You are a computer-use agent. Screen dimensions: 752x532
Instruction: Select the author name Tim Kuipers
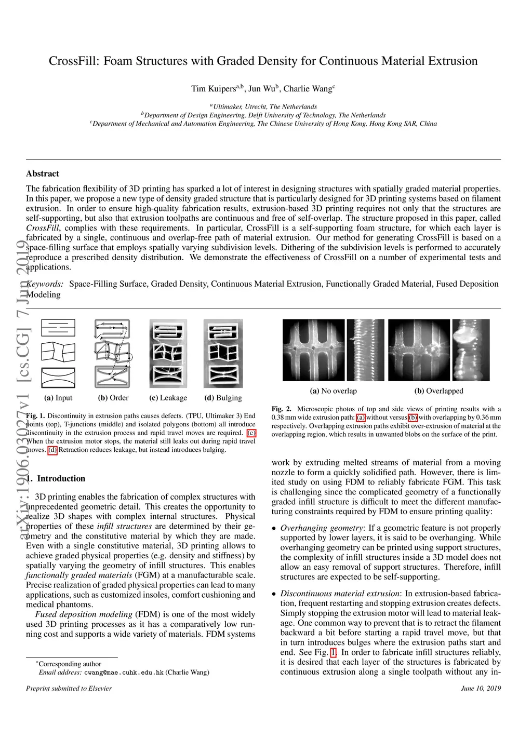pyautogui.click(x=214, y=89)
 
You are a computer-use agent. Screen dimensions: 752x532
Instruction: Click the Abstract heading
pyautogui.click(x=43, y=173)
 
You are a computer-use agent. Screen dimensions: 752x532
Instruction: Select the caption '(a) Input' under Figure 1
pyautogui.click(x=58, y=398)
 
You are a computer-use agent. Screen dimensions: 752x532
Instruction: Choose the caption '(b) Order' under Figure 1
pyautogui.click(x=113, y=398)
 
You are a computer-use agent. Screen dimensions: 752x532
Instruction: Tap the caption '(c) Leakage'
pyautogui.click(x=168, y=398)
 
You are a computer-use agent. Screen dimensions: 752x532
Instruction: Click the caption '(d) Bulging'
pyautogui.click(x=223, y=398)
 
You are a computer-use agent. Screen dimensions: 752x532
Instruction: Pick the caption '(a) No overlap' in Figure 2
pyautogui.click(x=333, y=391)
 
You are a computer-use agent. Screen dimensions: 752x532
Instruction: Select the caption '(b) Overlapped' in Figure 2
pyautogui.click(x=438, y=391)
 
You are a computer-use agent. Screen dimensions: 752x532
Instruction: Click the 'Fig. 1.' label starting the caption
pyautogui.click(x=35, y=416)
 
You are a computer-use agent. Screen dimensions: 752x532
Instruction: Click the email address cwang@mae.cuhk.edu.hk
pyautogui.click(x=124, y=673)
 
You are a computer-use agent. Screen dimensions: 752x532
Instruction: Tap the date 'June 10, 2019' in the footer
pyautogui.click(x=481, y=689)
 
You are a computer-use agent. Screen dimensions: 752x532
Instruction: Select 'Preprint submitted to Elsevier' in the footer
pyautogui.click(x=69, y=689)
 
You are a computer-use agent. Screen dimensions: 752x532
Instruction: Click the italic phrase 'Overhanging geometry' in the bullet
pyautogui.click(x=322, y=528)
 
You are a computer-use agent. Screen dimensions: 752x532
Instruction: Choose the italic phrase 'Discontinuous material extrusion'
pyautogui.click(x=340, y=594)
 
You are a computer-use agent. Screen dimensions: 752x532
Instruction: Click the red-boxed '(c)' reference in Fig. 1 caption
pyautogui.click(x=251, y=433)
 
